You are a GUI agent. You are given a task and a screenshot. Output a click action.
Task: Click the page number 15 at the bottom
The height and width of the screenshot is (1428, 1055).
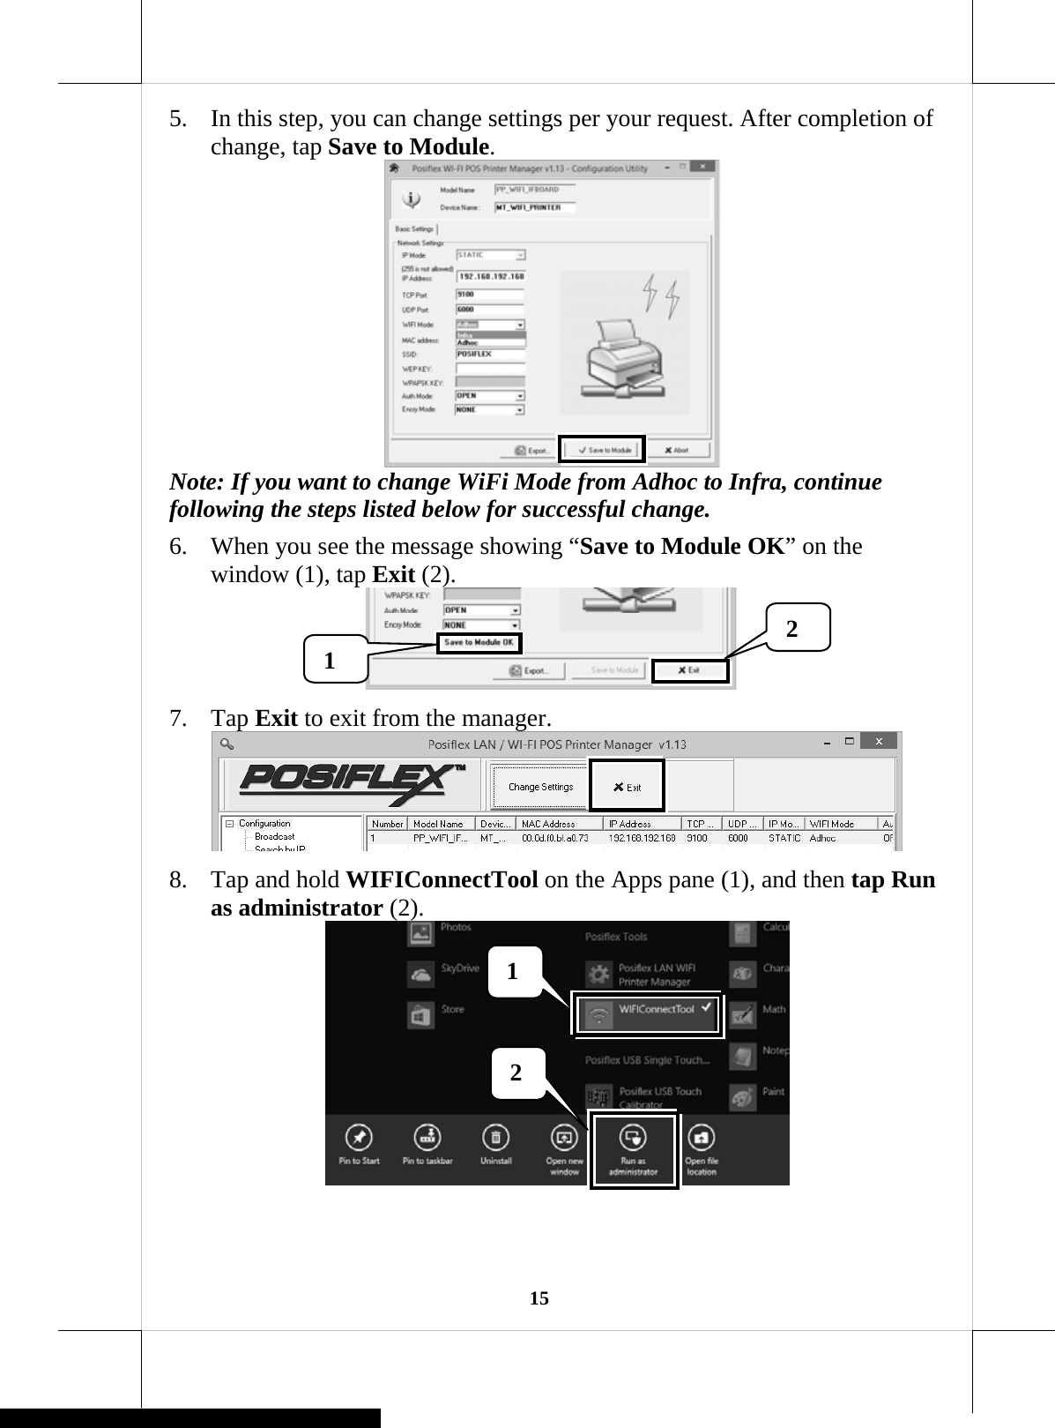point(539,1297)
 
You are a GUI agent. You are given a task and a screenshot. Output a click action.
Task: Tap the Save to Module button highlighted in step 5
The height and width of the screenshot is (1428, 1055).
point(603,450)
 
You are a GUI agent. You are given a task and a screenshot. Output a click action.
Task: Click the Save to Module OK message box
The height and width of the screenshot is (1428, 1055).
point(479,643)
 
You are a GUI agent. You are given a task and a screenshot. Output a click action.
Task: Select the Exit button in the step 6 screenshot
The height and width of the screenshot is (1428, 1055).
point(690,670)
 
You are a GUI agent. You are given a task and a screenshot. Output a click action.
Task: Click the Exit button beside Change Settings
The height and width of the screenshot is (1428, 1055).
point(627,787)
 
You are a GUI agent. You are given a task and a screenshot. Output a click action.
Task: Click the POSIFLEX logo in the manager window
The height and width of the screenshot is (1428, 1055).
point(350,783)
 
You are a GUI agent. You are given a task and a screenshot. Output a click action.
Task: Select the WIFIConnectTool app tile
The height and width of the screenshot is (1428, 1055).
point(648,1013)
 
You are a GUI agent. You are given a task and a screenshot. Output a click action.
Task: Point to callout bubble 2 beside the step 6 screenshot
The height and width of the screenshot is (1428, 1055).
point(795,627)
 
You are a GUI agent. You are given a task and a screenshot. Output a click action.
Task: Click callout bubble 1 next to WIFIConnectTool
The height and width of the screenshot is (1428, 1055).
point(514,972)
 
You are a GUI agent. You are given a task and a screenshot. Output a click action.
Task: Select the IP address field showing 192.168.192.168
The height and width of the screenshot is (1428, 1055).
point(491,276)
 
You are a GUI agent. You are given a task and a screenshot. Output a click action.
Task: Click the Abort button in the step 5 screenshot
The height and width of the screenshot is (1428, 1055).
point(677,450)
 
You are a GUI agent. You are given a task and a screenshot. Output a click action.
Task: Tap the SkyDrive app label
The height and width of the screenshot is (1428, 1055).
point(460,968)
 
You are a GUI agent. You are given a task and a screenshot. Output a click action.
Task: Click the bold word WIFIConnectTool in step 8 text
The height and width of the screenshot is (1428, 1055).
point(442,880)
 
